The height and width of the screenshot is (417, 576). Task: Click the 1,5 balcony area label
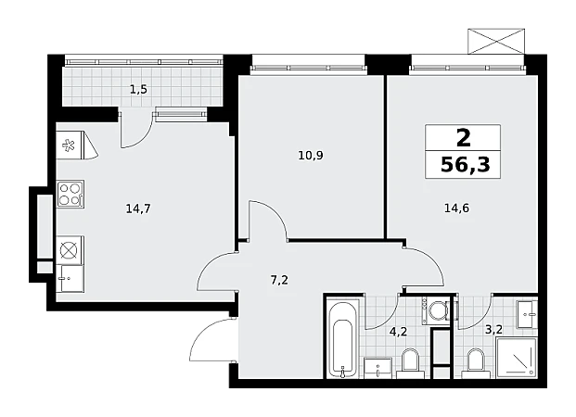coord(138,89)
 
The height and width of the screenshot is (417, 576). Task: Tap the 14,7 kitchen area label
coord(138,208)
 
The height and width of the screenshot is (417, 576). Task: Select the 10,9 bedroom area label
coord(311,156)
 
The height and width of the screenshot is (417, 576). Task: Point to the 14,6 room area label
coord(456,208)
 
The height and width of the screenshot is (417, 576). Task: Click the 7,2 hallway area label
coord(279,281)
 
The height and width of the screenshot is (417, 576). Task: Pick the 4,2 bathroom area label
coord(398,332)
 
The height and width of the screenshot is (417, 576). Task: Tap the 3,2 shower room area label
coord(493,330)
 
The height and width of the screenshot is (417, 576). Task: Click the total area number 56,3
coord(465,165)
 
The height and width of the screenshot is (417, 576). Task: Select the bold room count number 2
coord(463,138)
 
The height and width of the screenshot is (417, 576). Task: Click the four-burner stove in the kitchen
coord(70,194)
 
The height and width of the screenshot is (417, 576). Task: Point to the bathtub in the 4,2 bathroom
coord(342,339)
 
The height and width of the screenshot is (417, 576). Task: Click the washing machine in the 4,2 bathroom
coord(436,311)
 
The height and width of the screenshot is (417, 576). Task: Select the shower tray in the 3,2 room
coord(517,358)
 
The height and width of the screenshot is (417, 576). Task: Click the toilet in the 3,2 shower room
coord(476,363)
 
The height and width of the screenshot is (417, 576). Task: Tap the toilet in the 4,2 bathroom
coord(410,363)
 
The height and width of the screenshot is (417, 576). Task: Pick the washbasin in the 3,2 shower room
coord(527,314)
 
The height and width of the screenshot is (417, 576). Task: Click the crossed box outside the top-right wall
coord(496,41)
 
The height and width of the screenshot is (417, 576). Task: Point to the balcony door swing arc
coord(144,139)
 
